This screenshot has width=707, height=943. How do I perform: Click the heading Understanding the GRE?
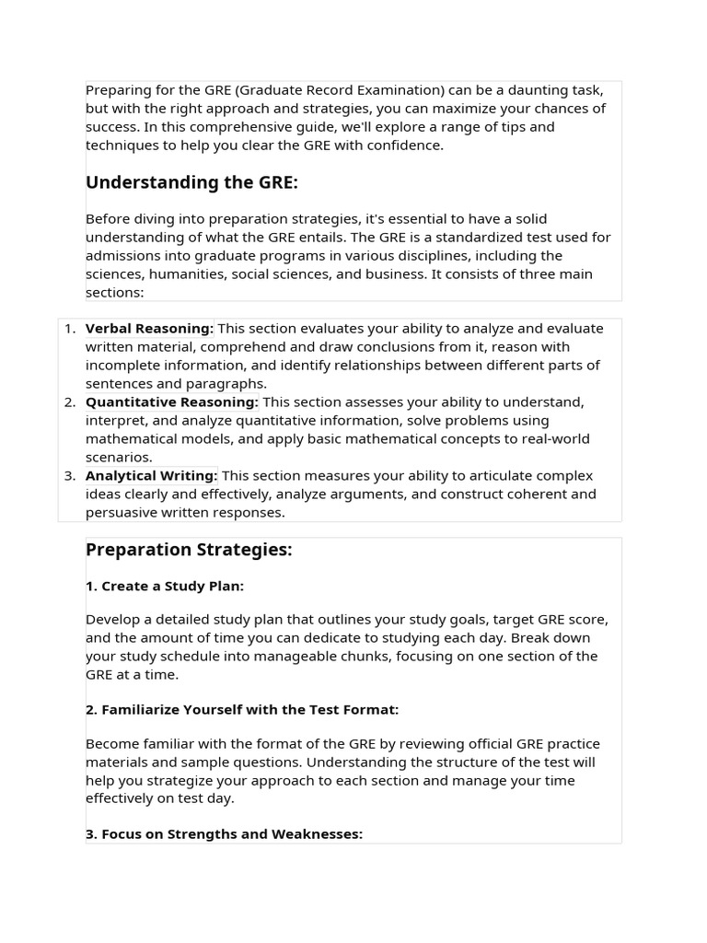click(191, 182)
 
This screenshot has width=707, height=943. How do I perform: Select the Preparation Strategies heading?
click(189, 550)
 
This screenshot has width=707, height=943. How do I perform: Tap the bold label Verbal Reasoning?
click(149, 329)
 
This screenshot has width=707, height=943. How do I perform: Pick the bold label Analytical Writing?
click(151, 476)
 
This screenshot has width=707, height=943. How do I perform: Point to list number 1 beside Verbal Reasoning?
click(69, 329)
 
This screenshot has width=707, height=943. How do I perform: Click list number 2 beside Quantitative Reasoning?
click(69, 402)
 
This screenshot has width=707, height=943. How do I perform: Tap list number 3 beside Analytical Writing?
click(69, 476)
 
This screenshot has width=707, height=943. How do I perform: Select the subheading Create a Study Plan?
click(165, 587)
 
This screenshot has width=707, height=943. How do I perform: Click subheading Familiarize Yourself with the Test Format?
click(242, 710)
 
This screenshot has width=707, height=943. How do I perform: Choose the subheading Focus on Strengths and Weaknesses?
click(224, 834)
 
